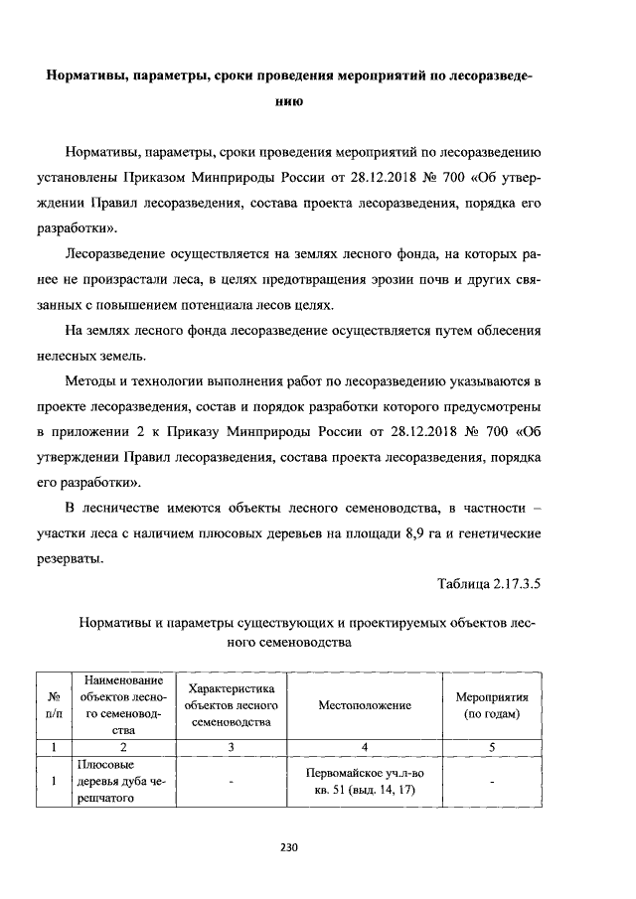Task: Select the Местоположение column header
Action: pos(365,704)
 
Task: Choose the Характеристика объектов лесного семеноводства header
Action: pos(230,705)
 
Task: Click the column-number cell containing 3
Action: pos(230,745)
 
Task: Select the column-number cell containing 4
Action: pos(365,745)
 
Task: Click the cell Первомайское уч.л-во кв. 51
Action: pos(365,782)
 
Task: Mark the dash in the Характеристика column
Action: pos(230,783)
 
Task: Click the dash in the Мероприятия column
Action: pos(491,783)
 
